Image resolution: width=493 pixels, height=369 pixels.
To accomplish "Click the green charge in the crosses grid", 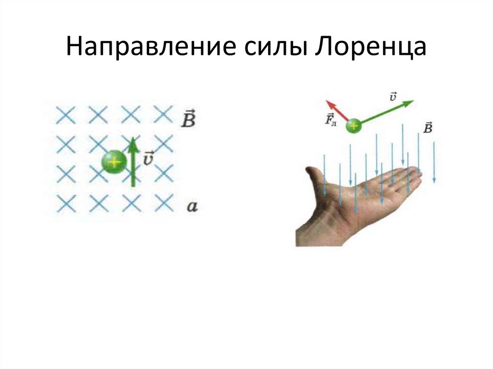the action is click(x=114, y=162).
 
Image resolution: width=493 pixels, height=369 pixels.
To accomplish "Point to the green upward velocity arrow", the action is click(x=134, y=162).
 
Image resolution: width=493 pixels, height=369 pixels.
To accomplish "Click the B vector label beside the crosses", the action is click(x=188, y=118).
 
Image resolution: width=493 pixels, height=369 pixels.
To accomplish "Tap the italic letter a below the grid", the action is click(x=192, y=207).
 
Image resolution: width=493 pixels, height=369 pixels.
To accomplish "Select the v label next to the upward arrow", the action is click(x=148, y=158).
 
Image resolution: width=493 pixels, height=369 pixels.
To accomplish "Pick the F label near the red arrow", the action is click(x=330, y=119).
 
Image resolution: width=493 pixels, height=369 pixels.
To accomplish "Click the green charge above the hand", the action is click(x=354, y=127).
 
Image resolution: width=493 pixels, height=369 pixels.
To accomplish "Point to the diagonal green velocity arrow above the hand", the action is click(x=387, y=112).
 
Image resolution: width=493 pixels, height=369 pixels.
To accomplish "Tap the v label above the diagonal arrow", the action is click(x=393, y=96).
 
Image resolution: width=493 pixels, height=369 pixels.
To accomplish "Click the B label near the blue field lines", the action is click(x=428, y=127).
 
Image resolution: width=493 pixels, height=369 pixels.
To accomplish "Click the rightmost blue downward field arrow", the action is click(x=434, y=163).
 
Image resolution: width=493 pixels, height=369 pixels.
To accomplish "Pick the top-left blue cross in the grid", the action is click(x=65, y=115).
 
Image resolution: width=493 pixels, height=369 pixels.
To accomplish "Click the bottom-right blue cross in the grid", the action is click(x=164, y=203).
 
